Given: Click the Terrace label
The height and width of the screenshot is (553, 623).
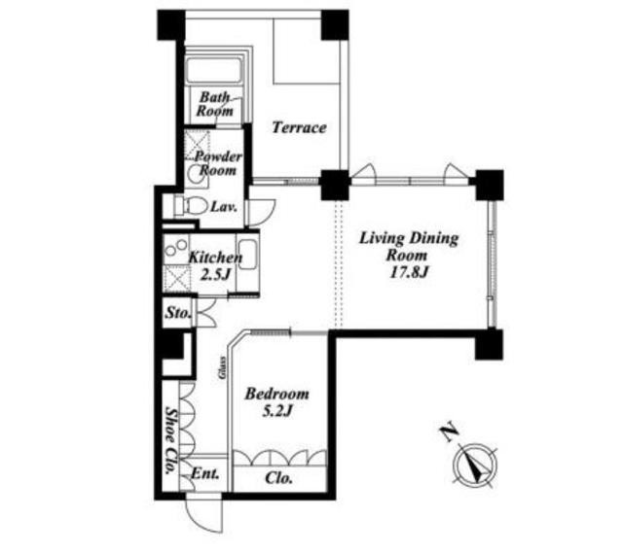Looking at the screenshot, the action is [x=299, y=127].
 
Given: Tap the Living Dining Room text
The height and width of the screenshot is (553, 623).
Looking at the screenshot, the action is [x=409, y=247].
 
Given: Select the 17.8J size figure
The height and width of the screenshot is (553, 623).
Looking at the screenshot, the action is [x=408, y=272].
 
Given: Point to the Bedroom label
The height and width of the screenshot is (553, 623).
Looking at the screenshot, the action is [x=276, y=394].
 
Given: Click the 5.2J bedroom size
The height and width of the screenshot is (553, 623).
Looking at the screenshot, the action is [x=276, y=411].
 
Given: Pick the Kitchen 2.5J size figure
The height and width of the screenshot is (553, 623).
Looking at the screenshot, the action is [x=214, y=274].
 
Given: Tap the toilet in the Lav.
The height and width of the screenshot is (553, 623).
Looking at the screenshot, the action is [x=192, y=206].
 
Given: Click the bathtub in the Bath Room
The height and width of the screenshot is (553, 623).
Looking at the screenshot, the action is [x=214, y=71].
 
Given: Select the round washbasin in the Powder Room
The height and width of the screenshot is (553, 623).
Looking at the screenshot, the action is [x=196, y=173].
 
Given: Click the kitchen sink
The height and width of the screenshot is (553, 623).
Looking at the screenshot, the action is [x=247, y=255].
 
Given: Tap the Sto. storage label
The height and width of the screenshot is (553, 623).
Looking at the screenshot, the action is [x=178, y=313].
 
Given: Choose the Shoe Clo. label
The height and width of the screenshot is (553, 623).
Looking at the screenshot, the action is [x=171, y=440].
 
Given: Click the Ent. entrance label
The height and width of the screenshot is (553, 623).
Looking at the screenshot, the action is [x=205, y=473].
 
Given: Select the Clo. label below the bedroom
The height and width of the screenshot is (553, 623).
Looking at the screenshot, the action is [x=279, y=478].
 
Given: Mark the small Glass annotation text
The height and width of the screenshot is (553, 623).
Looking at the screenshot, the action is [x=223, y=367].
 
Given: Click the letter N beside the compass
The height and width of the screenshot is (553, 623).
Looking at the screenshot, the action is [x=449, y=434].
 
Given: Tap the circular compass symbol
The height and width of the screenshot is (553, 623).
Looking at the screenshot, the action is [x=476, y=465].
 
